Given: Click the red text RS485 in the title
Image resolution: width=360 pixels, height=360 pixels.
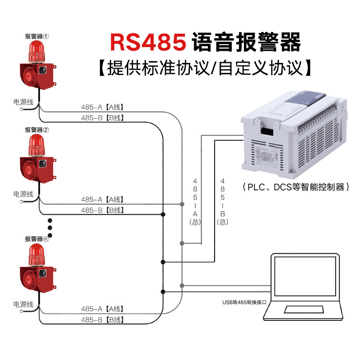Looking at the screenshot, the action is click(x=148, y=42).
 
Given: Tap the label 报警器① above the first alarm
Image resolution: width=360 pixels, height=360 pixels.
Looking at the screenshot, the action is click(x=37, y=36).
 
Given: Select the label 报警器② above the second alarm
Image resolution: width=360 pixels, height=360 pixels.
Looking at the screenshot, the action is click(x=37, y=130).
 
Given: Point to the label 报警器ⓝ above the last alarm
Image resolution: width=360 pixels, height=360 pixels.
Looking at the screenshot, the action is click(x=37, y=239).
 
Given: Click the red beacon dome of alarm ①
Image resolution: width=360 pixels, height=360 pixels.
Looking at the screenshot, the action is click(x=37, y=51).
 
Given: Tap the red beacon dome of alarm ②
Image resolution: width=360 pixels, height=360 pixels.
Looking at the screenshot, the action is click(x=37, y=145).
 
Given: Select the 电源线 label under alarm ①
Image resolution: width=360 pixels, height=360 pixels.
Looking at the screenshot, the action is click(x=23, y=102).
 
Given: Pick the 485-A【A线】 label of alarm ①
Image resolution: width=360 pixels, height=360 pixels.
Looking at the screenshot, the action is click(x=103, y=107).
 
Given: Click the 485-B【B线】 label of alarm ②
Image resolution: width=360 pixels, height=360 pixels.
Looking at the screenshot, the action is click(x=103, y=210).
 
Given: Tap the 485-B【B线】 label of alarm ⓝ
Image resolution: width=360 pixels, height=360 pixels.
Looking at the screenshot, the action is click(x=103, y=319).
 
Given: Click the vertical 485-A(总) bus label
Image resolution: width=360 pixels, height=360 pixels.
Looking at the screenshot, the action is click(x=195, y=202).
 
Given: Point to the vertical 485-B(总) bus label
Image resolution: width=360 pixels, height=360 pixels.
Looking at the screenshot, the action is click(x=222, y=202).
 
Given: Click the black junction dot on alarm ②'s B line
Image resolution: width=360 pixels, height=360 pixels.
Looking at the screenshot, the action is click(x=163, y=215).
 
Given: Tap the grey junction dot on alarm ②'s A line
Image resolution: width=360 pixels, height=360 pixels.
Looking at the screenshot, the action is click(x=182, y=204).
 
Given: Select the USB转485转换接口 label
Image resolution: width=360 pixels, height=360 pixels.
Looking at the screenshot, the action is click(x=244, y=302).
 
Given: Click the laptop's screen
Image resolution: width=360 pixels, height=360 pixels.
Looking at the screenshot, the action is click(x=305, y=276).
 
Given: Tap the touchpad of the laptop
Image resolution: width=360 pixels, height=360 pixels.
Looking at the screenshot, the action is click(x=304, y=309).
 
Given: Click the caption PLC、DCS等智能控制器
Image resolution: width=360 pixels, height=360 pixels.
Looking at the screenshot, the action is click(x=296, y=187).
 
